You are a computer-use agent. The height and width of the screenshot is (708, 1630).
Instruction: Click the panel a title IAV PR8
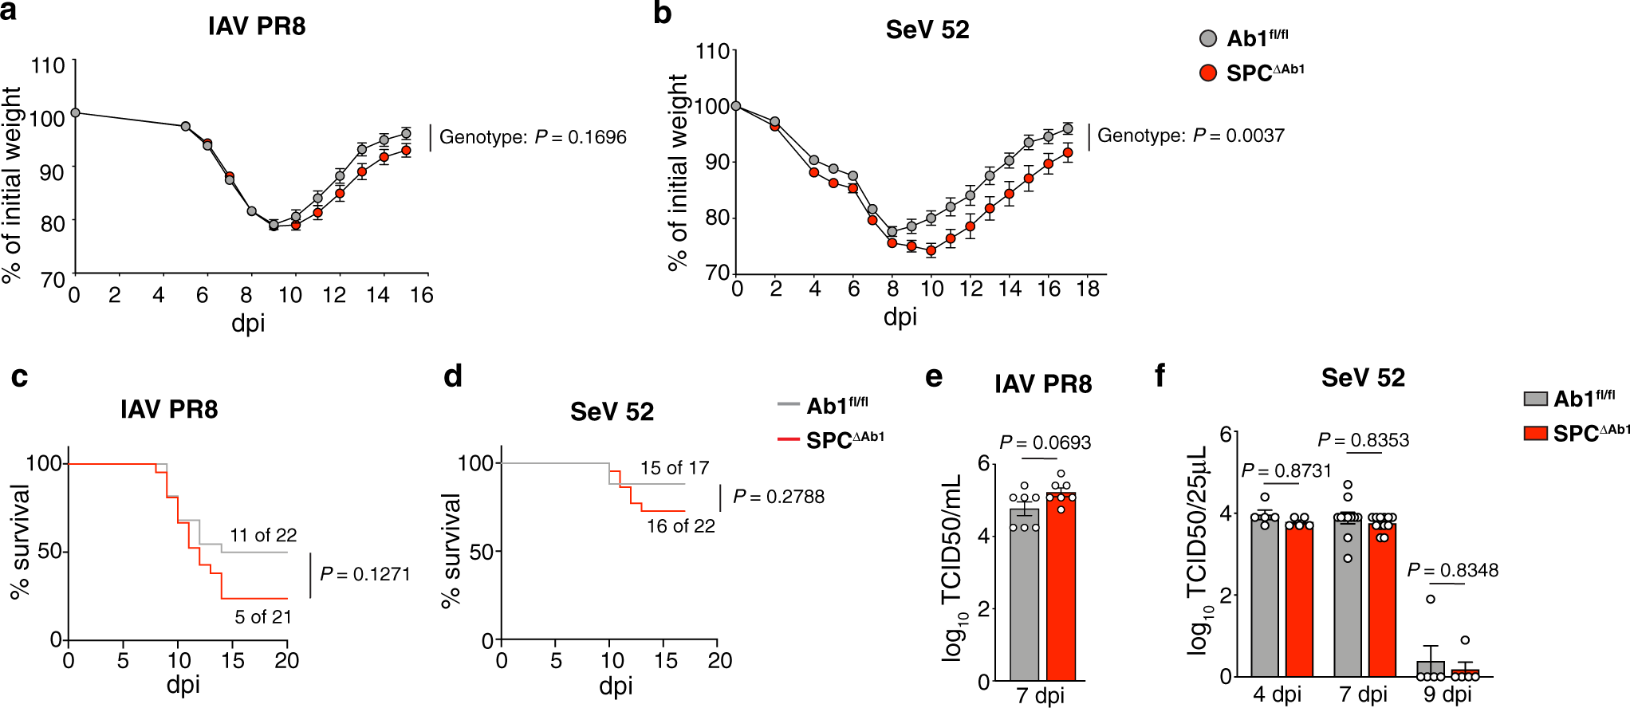[257, 26]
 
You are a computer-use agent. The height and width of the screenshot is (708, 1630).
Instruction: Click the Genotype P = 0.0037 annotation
[1191, 136]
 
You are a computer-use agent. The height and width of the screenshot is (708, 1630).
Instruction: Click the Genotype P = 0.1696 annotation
[533, 137]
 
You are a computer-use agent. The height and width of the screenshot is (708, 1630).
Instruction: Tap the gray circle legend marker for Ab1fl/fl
[1208, 38]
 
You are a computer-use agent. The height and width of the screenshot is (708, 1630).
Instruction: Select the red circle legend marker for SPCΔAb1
[1208, 73]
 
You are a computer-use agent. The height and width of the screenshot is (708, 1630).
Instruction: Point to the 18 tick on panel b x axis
[1088, 289]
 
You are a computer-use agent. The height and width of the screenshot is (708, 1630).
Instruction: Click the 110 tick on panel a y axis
[48, 65]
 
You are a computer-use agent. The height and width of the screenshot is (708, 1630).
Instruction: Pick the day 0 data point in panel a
[75, 113]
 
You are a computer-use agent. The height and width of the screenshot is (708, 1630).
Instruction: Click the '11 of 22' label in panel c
[263, 535]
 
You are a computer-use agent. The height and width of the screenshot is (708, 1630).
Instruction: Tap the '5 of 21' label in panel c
[263, 617]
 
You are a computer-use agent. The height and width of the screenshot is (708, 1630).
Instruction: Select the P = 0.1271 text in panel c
[365, 574]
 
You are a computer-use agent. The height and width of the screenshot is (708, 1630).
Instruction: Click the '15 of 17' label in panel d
[675, 468]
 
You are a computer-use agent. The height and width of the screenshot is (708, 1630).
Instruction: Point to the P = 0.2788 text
[778, 497]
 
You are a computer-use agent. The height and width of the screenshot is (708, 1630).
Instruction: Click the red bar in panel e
[1061, 590]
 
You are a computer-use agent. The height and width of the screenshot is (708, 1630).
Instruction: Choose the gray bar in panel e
[1024, 598]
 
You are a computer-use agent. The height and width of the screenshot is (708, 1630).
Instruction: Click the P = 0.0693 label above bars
[1045, 442]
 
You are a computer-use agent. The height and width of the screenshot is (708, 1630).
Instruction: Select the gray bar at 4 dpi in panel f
[1265, 598]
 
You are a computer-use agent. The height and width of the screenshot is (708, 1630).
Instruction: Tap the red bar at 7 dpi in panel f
[1382, 602]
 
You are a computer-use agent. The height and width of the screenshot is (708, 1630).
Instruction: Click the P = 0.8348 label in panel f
[1452, 570]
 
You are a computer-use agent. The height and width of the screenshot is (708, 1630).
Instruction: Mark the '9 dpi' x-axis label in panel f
[1447, 694]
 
